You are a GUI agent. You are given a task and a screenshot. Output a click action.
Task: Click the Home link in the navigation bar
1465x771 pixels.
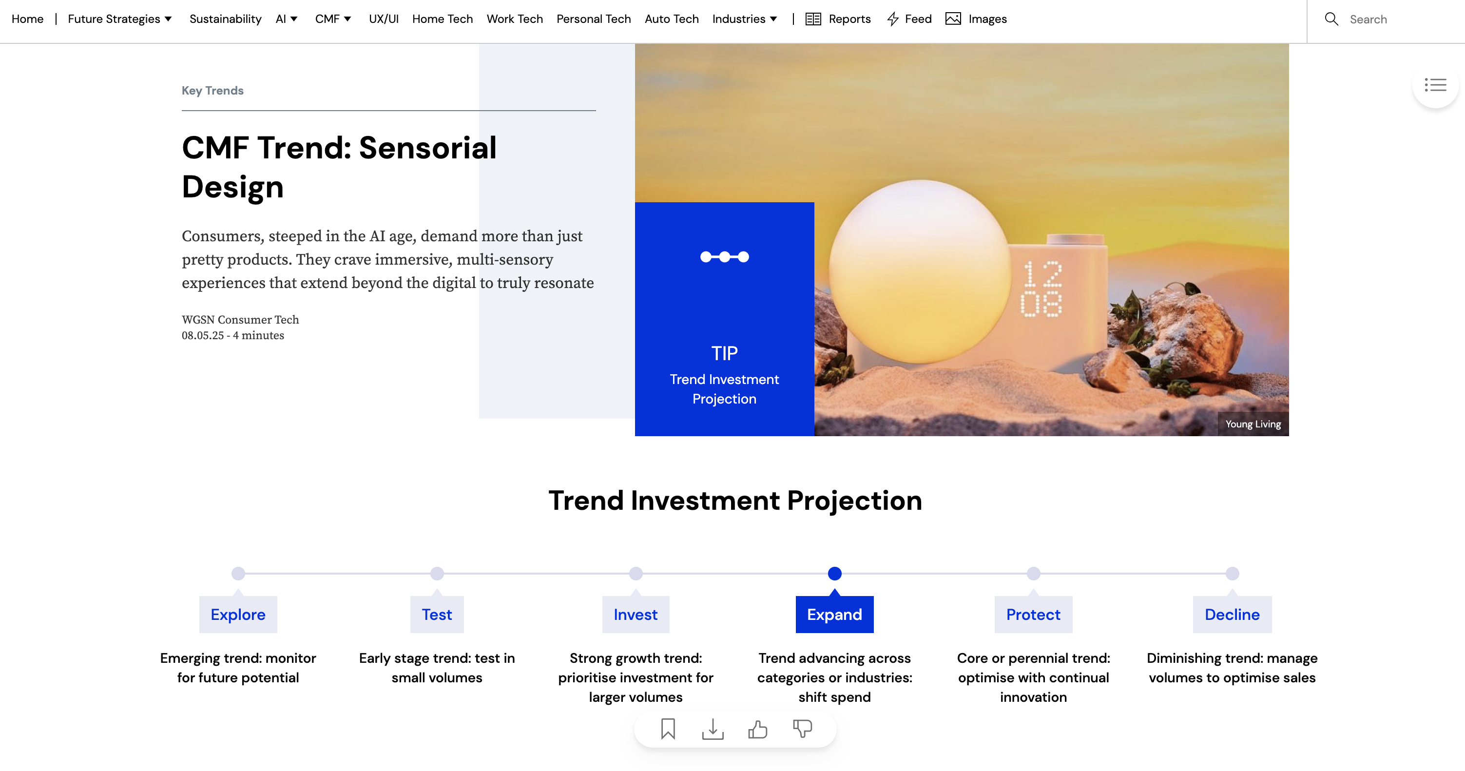point(27,19)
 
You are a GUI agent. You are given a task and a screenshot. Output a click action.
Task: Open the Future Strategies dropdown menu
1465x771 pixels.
point(119,19)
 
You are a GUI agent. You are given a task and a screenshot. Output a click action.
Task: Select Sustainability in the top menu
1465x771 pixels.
point(225,19)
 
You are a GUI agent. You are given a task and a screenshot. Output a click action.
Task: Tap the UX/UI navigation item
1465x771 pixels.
point(384,19)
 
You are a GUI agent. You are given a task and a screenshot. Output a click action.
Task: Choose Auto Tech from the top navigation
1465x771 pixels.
point(671,19)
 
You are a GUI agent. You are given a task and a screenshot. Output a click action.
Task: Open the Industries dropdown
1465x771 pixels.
point(744,19)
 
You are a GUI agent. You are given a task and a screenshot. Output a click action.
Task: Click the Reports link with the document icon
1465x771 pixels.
point(838,19)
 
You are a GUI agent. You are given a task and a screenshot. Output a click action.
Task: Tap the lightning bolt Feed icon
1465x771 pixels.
point(893,19)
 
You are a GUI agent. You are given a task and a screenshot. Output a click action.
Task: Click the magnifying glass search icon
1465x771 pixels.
point(1331,19)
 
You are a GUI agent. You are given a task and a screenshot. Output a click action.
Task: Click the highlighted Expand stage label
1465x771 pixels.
point(834,614)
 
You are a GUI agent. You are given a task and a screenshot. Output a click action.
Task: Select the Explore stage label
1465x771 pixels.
point(238,614)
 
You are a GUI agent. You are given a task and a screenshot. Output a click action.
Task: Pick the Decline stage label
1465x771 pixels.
point(1232,614)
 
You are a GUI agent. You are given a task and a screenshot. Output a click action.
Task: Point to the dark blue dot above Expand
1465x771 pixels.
point(834,573)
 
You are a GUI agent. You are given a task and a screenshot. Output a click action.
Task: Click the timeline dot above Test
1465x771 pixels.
point(437,573)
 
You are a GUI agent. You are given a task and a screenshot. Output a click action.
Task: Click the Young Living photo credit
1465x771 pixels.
point(1253,424)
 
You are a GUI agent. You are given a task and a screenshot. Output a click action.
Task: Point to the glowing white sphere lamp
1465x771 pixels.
point(919,272)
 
